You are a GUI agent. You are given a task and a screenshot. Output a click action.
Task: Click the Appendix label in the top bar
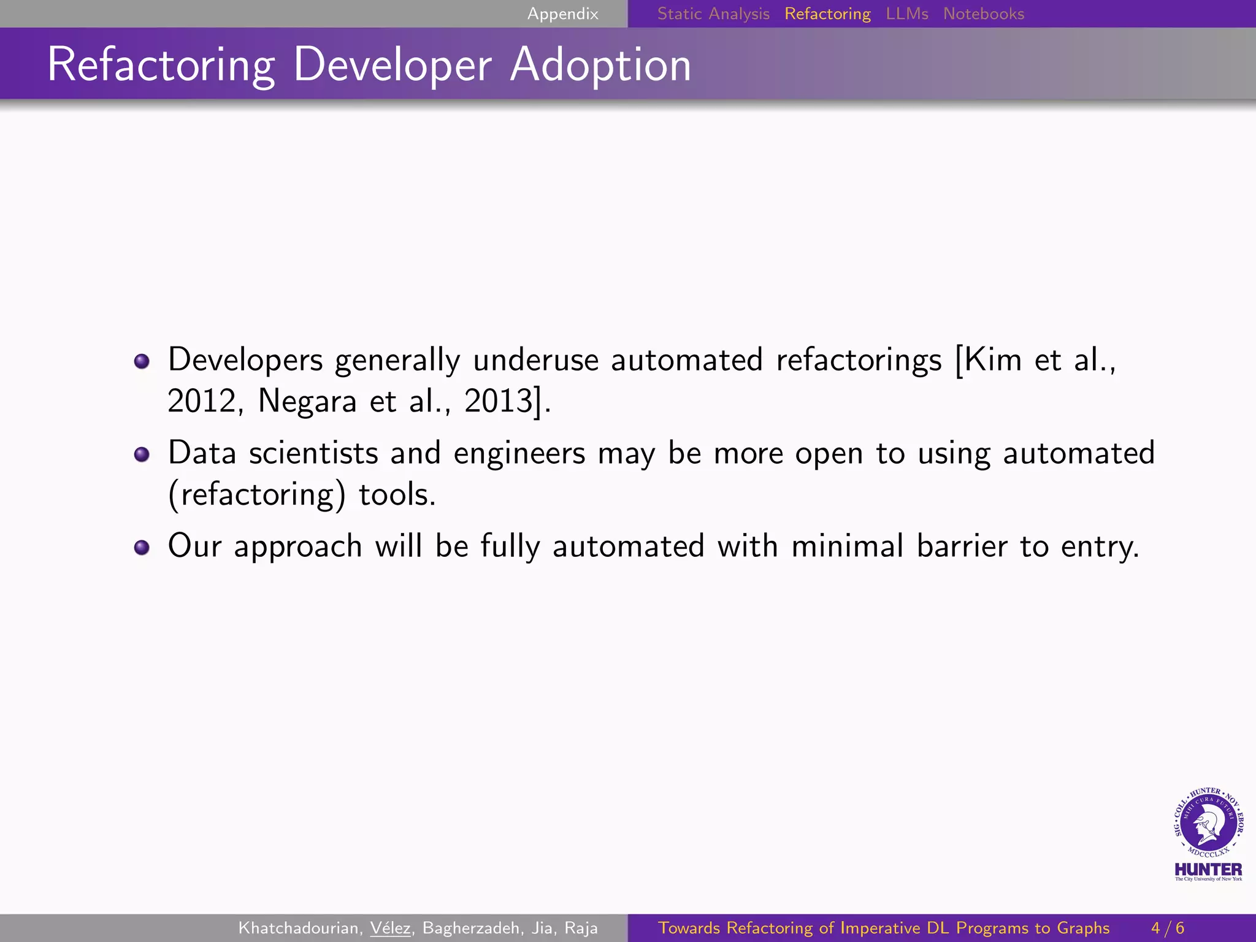click(562, 13)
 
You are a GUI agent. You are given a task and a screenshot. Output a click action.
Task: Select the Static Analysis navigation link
click(713, 13)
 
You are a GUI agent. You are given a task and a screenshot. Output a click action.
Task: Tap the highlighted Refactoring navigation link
click(827, 13)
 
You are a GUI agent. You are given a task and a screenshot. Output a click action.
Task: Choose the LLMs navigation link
click(906, 13)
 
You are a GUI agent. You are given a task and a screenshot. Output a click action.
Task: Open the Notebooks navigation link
click(983, 13)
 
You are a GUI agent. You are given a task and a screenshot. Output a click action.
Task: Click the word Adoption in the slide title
click(600, 64)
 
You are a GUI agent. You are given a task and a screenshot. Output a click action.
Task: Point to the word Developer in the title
click(392, 64)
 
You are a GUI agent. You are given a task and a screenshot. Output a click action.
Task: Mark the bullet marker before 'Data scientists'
click(142, 454)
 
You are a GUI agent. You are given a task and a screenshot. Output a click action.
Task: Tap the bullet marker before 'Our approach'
click(142, 547)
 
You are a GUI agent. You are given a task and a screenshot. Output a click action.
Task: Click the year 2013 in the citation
click(498, 402)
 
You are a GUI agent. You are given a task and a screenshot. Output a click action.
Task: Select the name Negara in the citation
click(307, 402)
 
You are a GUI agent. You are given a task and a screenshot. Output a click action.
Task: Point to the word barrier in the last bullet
click(961, 546)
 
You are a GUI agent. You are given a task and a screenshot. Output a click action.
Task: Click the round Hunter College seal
click(1208, 822)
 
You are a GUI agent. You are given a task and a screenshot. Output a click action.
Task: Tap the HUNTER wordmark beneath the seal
click(1208, 870)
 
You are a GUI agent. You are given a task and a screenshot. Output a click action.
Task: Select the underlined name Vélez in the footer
click(390, 928)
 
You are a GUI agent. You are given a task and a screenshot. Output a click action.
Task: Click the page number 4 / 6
click(1167, 928)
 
